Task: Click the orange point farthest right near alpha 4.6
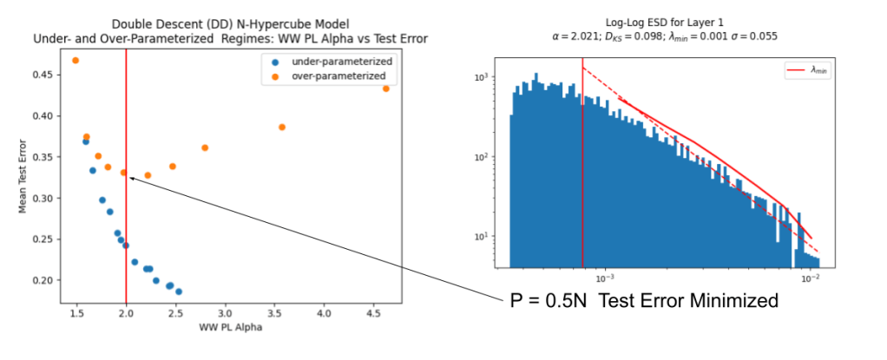point(386,88)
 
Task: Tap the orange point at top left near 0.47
point(76,61)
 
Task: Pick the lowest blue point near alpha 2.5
point(179,291)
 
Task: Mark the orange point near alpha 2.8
point(205,147)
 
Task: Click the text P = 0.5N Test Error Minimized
point(643,302)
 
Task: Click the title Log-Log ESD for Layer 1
point(665,23)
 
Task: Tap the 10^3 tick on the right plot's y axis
point(489,77)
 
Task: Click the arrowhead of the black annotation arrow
point(131,178)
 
